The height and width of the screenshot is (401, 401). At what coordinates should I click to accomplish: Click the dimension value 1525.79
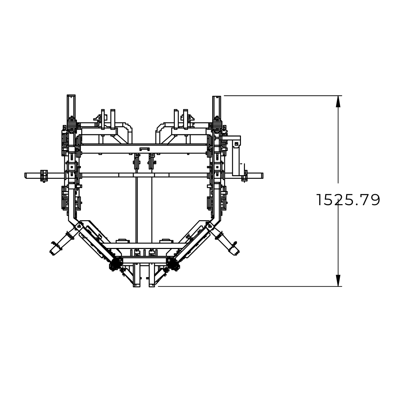(x=348, y=200)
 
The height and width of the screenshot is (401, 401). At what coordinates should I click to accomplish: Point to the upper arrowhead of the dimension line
(x=338, y=101)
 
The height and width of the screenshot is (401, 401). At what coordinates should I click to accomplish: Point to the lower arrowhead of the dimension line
(x=338, y=280)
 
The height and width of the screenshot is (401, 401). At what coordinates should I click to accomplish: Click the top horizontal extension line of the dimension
(x=283, y=96)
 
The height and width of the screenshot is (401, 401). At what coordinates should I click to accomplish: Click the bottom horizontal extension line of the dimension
(x=250, y=286)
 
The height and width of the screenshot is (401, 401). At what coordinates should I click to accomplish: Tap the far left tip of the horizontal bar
(x=25, y=175)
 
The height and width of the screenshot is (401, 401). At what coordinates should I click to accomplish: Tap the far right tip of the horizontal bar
(x=263, y=175)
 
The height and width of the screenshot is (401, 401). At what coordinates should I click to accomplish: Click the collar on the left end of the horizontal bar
(x=44, y=176)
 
